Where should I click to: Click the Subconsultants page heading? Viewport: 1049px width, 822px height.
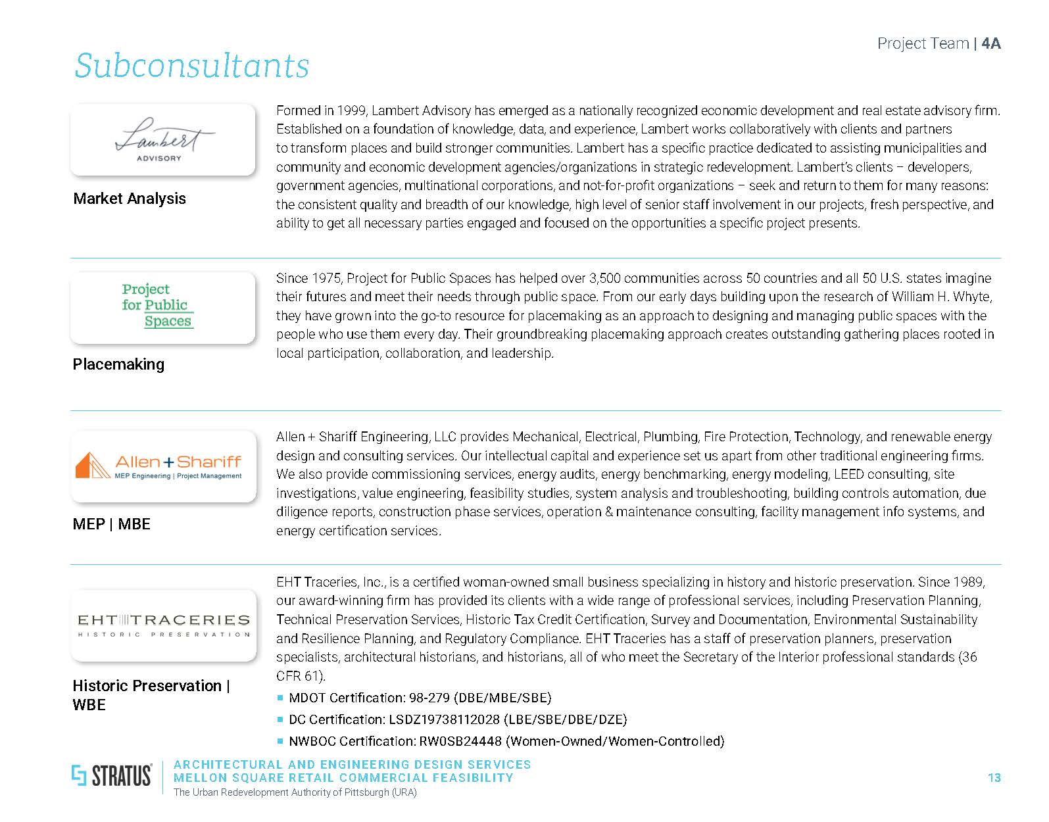point(191,66)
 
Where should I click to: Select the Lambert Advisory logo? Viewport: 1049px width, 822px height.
point(162,139)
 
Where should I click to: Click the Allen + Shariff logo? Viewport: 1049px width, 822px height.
point(162,466)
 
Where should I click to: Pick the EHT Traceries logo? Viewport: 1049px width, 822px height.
point(163,625)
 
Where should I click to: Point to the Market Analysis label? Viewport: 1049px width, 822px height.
point(130,199)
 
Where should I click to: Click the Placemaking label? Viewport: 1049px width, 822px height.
point(118,364)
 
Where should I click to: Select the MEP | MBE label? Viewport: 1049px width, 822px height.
point(112,524)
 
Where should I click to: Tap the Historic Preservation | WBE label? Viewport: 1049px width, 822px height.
point(151,695)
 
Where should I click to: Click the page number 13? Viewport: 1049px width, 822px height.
point(994,778)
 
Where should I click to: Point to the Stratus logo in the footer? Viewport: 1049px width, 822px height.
point(112,776)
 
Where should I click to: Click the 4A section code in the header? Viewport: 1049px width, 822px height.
point(990,43)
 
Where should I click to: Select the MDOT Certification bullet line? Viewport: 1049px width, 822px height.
point(420,698)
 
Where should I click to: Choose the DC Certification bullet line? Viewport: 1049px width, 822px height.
point(458,719)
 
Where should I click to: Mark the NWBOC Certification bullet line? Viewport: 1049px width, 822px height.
point(506,741)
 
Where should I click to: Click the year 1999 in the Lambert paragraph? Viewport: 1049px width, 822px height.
point(352,110)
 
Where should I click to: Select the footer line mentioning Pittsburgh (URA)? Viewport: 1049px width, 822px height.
point(295,792)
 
